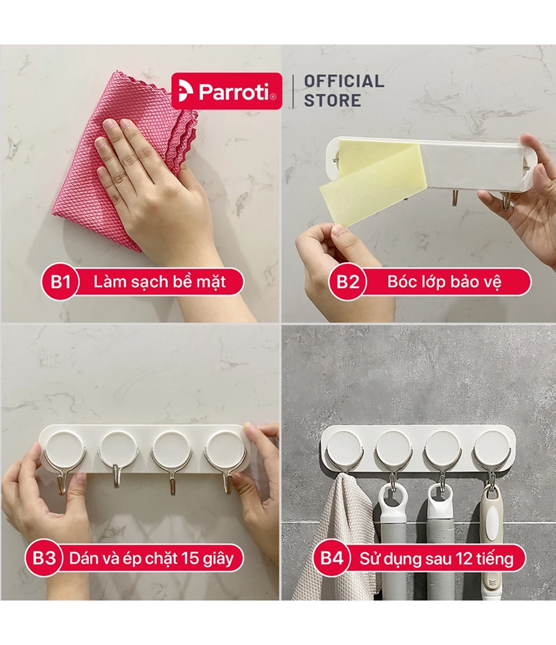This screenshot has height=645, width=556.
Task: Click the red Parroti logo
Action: tap(227, 91)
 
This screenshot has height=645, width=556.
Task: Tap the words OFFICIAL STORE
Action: tap(344, 91)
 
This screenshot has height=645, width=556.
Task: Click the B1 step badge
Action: tap(60, 282)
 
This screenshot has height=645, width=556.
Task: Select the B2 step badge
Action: tap(348, 282)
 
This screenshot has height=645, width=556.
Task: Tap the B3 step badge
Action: tap(44, 558)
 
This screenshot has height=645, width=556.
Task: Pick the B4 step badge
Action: tap(331, 558)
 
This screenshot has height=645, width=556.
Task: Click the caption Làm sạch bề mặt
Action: tap(160, 282)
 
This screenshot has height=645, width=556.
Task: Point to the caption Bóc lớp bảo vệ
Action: tap(444, 282)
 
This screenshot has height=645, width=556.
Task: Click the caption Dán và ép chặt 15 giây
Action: tap(151, 559)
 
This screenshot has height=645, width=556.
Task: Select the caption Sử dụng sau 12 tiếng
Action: tap(436, 559)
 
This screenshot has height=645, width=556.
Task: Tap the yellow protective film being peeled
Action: tap(370, 181)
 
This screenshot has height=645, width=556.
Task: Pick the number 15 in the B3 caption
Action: tap(190, 558)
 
